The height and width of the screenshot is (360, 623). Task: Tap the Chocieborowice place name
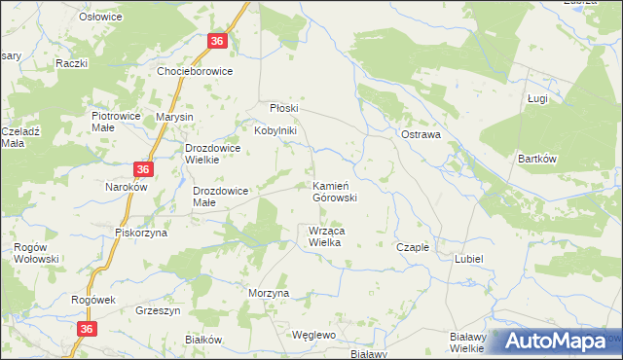pyautogui.click(x=202, y=72)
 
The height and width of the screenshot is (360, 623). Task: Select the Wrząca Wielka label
pyautogui.click(x=324, y=236)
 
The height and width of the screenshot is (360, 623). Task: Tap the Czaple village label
pyautogui.click(x=413, y=247)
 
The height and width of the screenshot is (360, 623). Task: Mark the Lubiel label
pyautogui.click(x=469, y=259)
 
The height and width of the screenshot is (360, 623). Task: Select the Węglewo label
pyautogui.click(x=313, y=334)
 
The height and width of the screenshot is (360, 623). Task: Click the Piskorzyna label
pyautogui.click(x=141, y=233)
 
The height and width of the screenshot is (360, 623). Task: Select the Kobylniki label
pyautogui.click(x=275, y=130)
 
